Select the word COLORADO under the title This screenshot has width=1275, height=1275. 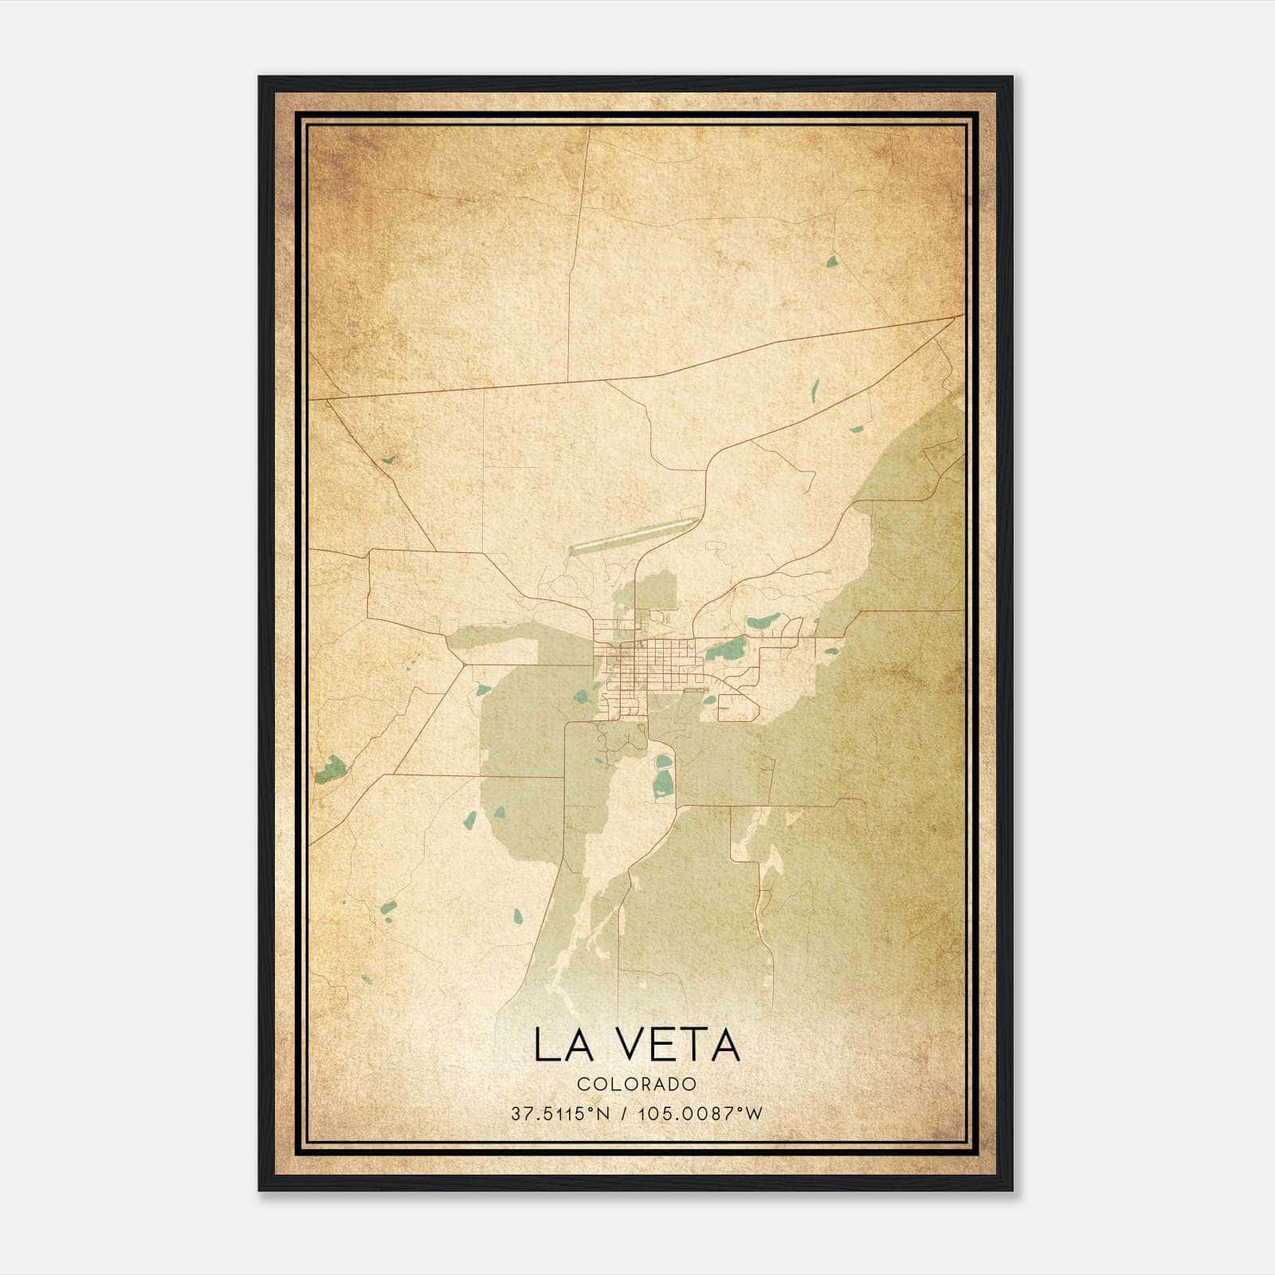tap(637, 1085)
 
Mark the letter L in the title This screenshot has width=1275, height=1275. tap(546, 1045)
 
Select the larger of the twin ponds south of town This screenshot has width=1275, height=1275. tap(663, 786)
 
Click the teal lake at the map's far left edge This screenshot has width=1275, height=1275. tap(330, 769)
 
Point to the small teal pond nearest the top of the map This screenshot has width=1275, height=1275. tap(831, 261)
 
